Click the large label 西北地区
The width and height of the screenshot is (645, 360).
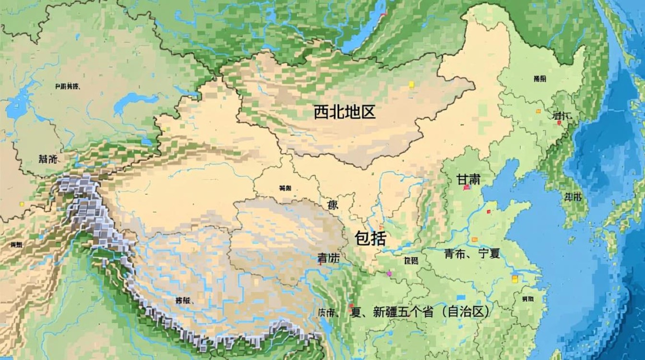(x=344, y=112)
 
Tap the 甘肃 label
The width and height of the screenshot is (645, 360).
(x=468, y=179)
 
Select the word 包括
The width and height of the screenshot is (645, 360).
(x=370, y=238)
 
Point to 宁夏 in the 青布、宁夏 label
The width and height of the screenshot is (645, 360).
(x=489, y=254)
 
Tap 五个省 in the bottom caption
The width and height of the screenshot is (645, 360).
(x=414, y=312)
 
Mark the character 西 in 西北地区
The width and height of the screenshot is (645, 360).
(x=321, y=112)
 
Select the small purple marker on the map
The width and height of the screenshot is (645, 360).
(x=389, y=274)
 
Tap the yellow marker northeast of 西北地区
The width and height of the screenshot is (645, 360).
(x=411, y=84)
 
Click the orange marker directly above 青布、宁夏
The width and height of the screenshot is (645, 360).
(x=475, y=239)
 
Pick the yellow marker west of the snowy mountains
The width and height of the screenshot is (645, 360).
(x=22, y=204)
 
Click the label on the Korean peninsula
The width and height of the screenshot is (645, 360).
(x=573, y=196)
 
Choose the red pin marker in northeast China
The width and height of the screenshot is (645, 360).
(x=559, y=123)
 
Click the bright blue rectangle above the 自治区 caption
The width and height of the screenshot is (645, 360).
(x=462, y=297)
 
